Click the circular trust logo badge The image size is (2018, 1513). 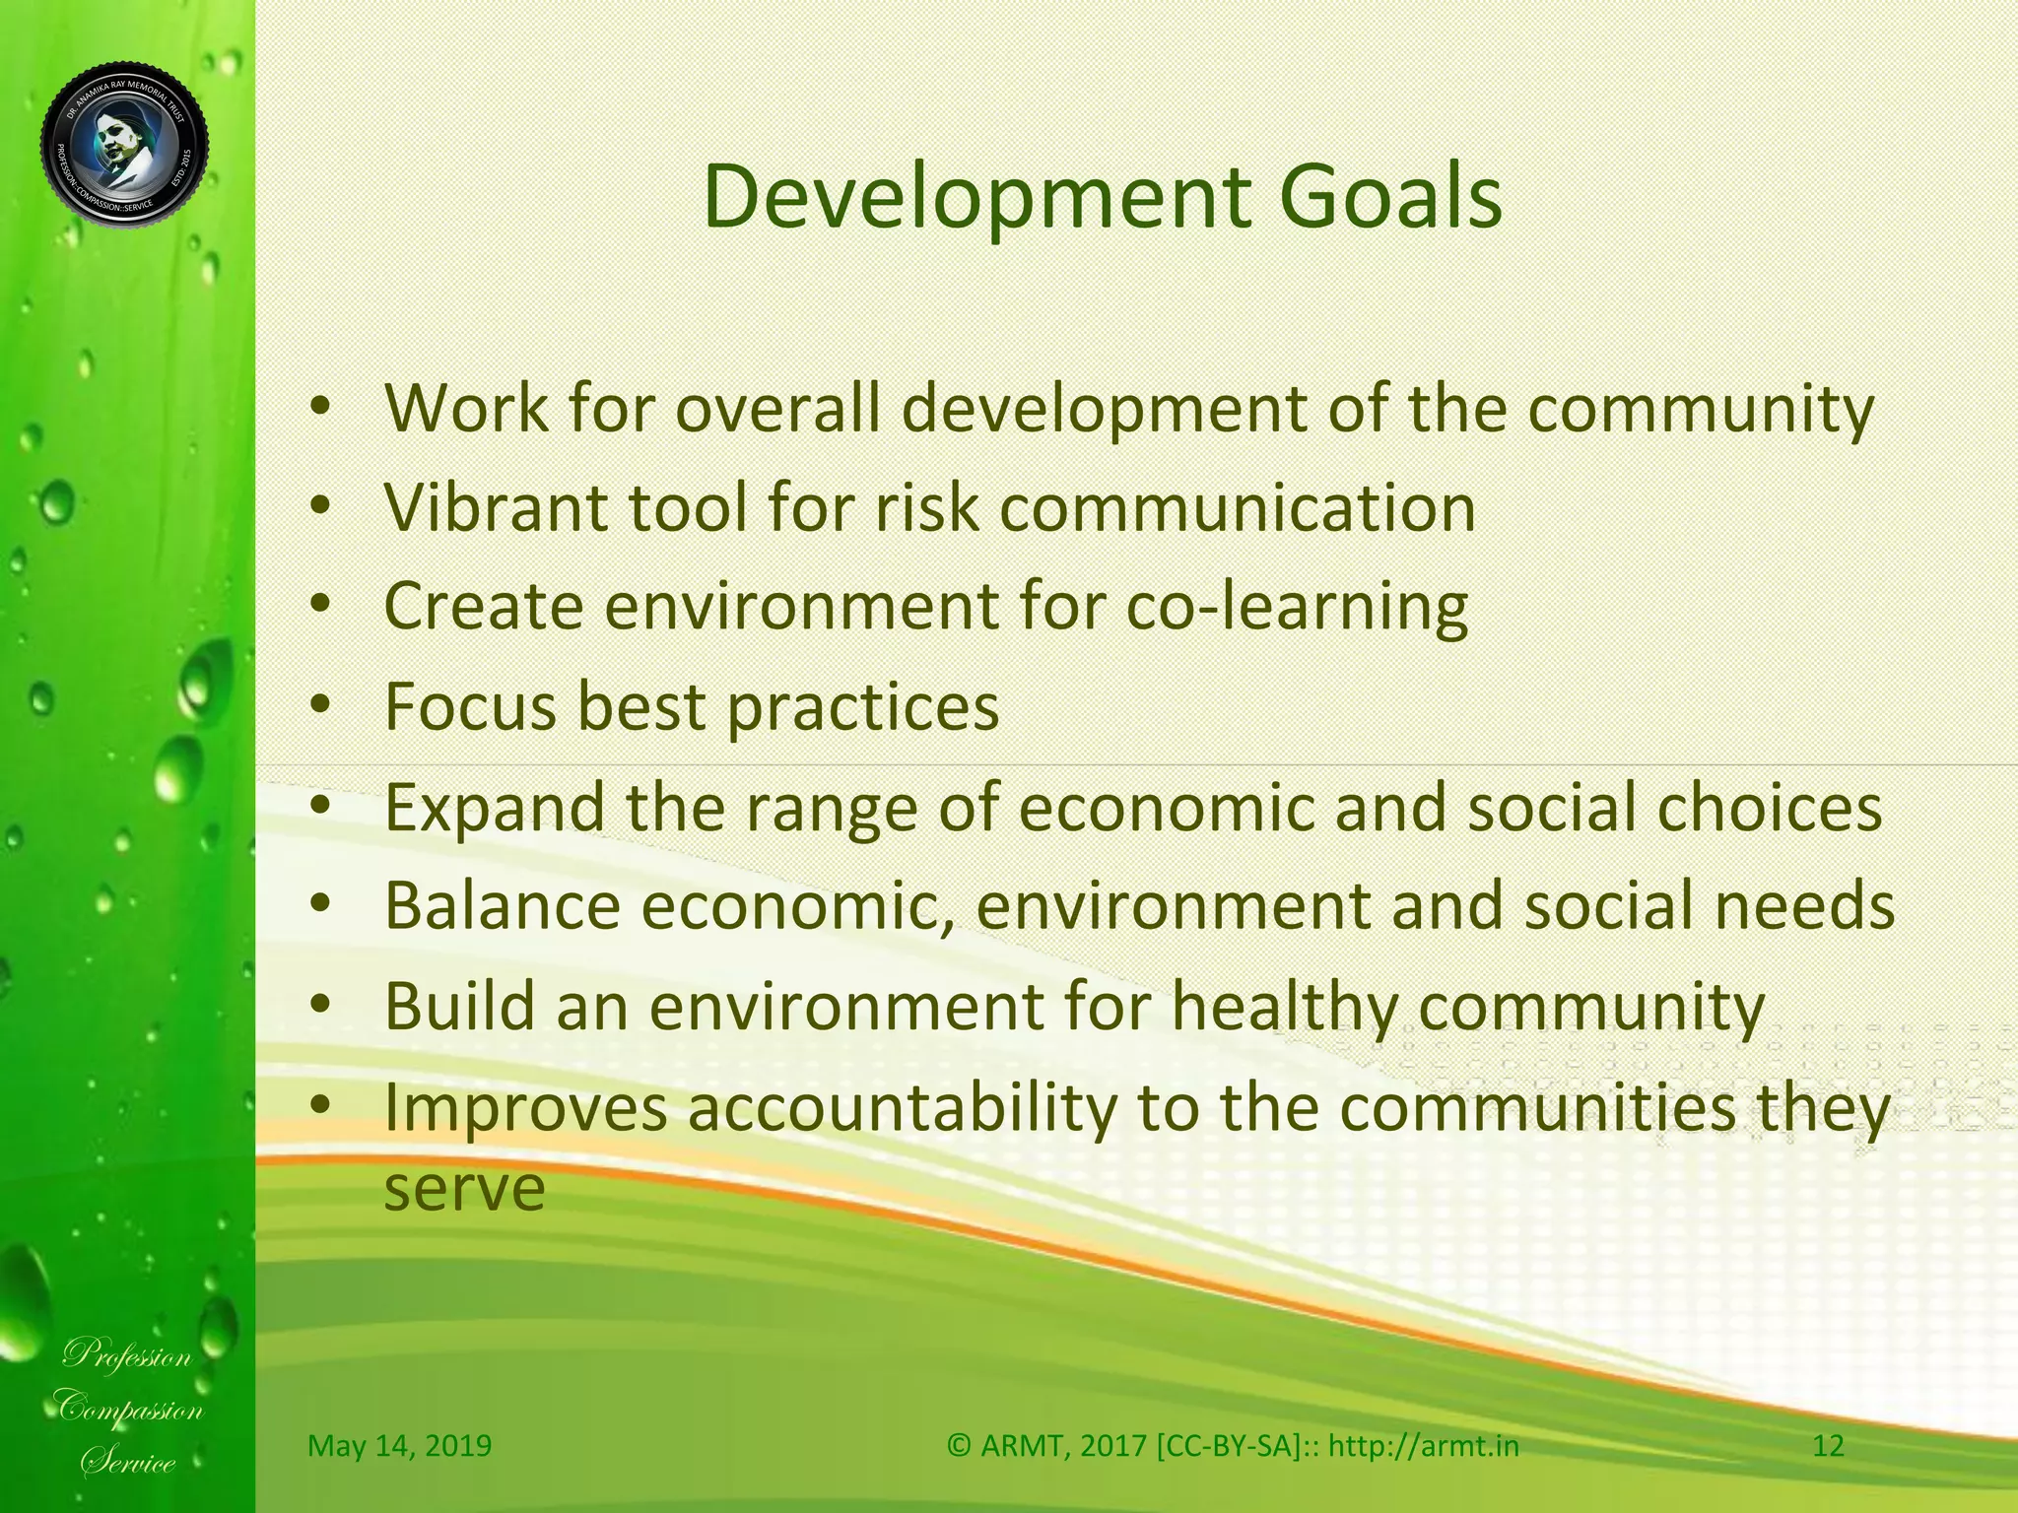(x=125, y=146)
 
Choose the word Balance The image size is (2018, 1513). (x=502, y=906)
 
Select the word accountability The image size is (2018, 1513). (x=902, y=1107)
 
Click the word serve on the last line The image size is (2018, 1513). (x=463, y=1190)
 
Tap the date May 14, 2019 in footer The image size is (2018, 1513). (x=399, y=1446)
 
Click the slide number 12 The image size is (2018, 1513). (x=1828, y=1446)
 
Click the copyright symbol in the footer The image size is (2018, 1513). (x=960, y=1446)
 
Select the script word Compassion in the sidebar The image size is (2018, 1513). (x=128, y=1409)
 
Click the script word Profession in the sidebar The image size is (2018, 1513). (x=128, y=1356)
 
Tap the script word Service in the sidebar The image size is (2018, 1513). (x=128, y=1462)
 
